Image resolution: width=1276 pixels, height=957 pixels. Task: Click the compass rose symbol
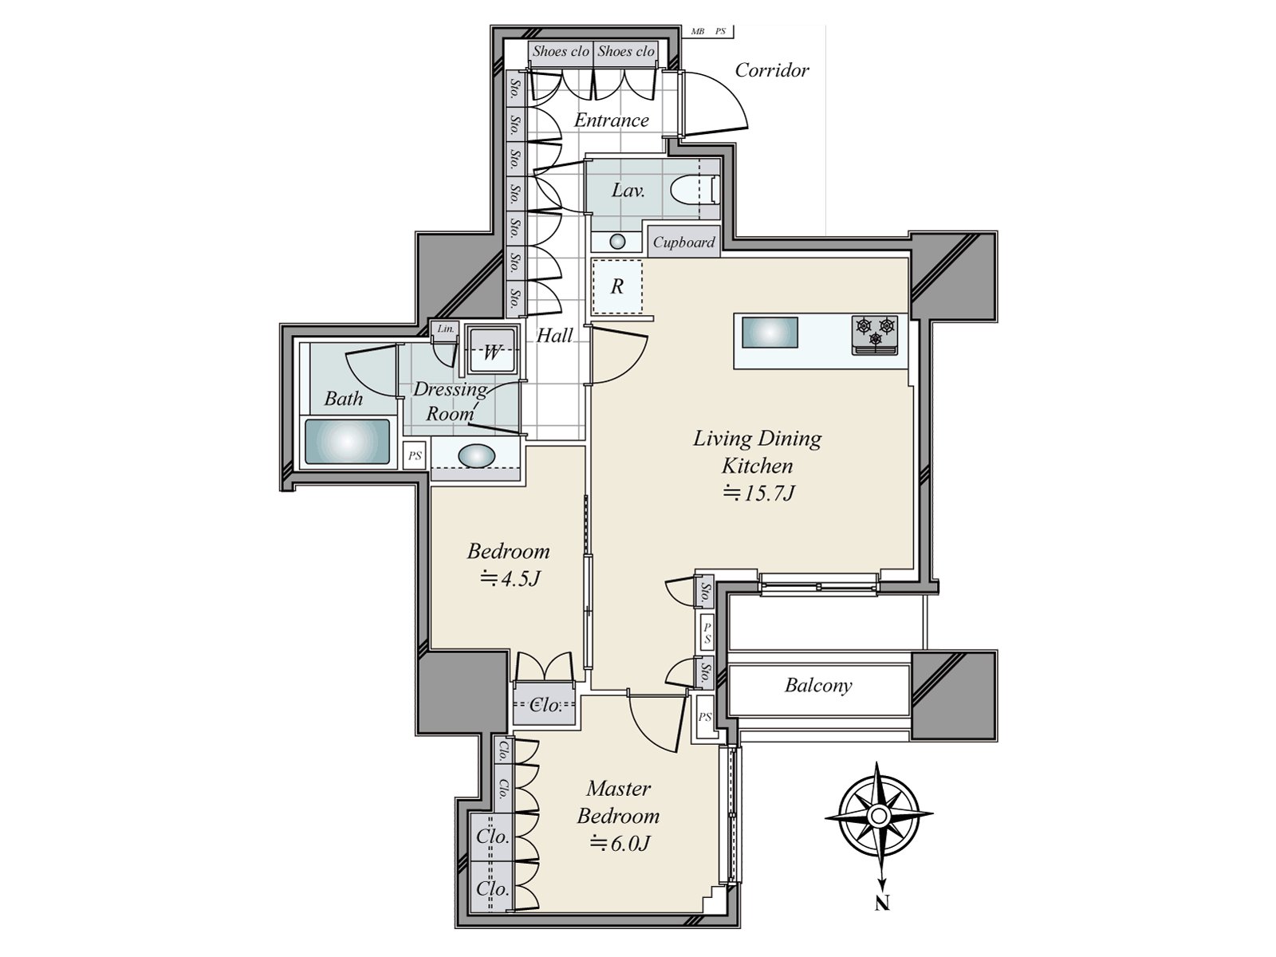tap(878, 817)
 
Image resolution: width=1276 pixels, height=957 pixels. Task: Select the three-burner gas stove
tap(875, 335)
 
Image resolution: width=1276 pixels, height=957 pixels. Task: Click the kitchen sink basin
tap(769, 333)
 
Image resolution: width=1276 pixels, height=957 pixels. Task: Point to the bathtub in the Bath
tap(347, 442)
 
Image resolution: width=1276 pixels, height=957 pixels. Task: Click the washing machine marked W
tap(492, 352)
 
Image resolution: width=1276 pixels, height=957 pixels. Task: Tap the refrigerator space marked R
tap(617, 286)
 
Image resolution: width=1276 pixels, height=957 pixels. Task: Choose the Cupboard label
tap(683, 242)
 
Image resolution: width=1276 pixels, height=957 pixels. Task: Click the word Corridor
tap(772, 70)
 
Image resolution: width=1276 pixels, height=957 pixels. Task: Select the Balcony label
tap(818, 686)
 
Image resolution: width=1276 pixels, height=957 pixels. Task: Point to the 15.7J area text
tap(758, 494)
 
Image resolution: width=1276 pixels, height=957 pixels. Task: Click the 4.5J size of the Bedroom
tap(510, 578)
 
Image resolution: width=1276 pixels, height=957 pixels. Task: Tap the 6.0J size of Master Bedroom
tap(619, 842)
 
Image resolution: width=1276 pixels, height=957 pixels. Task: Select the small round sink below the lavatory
tap(617, 241)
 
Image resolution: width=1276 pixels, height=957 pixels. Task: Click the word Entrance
tap(612, 120)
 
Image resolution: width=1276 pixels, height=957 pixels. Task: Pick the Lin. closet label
tap(446, 329)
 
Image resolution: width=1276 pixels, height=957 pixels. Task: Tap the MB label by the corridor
tap(698, 31)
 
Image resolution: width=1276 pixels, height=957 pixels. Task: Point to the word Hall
tap(554, 335)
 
